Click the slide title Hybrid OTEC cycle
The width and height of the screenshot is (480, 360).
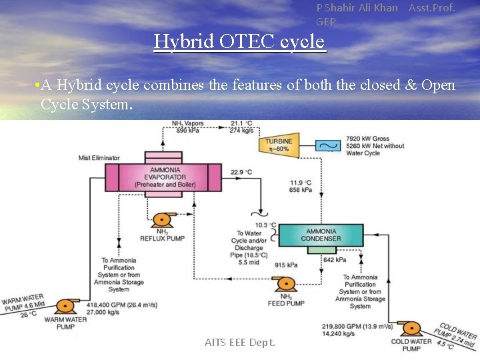coord(240,41)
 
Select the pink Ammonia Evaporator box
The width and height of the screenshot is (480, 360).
coord(164,178)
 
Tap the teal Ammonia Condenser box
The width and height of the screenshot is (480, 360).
coord(321,235)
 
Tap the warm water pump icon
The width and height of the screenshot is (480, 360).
coord(65,307)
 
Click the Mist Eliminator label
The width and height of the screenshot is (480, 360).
coord(99,158)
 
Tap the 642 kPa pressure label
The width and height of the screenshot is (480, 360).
coord(334,259)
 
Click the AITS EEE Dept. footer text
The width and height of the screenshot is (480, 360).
coord(240,342)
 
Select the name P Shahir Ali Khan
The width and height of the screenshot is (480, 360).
coord(357,8)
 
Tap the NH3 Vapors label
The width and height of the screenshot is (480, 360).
coord(187,123)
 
